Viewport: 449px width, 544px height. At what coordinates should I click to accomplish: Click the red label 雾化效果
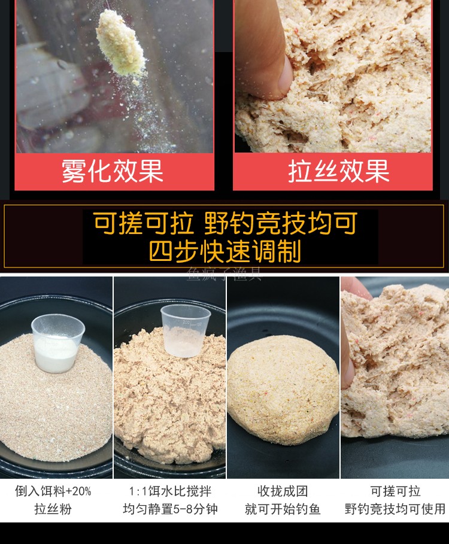pos(113,171)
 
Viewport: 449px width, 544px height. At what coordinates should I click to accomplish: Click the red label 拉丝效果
pos(339,171)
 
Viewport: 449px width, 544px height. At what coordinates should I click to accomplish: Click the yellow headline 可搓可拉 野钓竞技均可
pos(224,224)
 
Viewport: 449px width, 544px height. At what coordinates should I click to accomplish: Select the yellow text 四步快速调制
pos(224,251)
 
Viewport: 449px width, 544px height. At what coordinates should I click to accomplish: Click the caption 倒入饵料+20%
pos(53,492)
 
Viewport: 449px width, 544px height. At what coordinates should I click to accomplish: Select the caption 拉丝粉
pos(53,510)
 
